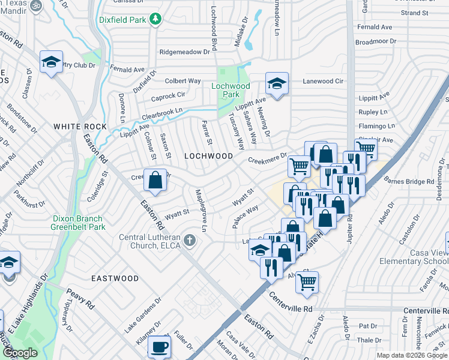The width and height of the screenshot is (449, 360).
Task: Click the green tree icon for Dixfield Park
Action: click(155, 19)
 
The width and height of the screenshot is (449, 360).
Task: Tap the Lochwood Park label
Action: click(231, 90)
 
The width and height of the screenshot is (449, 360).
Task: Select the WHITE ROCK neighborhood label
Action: click(80, 127)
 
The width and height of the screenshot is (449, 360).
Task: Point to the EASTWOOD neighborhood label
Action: click(115, 278)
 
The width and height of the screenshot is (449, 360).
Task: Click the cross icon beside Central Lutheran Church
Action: click(190, 241)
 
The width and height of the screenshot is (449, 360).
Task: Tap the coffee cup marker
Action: click(160, 347)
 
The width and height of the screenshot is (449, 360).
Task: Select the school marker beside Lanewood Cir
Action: click(277, 83)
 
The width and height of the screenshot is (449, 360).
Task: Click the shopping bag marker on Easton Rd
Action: click(155, 180)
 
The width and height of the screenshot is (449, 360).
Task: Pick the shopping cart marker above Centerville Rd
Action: click(307, 281)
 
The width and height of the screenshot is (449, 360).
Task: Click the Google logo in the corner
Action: click(20, 353)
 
